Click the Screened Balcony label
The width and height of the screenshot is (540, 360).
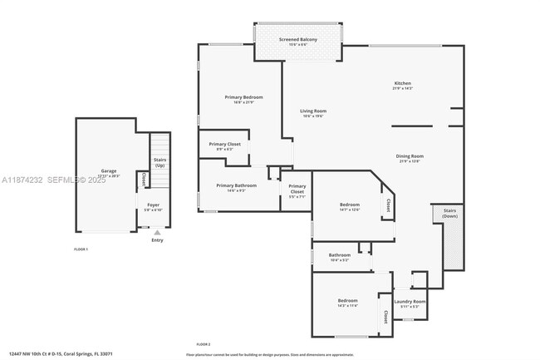(x=298, y=39)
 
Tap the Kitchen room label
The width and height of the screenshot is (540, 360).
(x=403, y=83)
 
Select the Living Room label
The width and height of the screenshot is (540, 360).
(x=313, y=111)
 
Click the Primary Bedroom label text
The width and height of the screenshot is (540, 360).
(x=243, y=97)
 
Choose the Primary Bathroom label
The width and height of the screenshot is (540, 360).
(x=236, y=185)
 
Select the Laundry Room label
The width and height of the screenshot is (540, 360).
(x=410, y=301)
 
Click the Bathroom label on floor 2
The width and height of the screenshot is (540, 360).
(x=339, y=255)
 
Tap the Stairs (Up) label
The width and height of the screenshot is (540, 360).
(x=160, y=162)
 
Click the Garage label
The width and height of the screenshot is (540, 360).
(x=109, y=170)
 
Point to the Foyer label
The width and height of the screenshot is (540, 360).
(x=153, y=205)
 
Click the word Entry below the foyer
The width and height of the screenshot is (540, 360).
(x=157, y=241)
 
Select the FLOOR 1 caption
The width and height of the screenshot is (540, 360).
(x=81, y=249)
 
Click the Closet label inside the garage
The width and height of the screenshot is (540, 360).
(x=144, y=179)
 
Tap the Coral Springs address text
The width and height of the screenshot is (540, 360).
(x=56, y=353)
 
